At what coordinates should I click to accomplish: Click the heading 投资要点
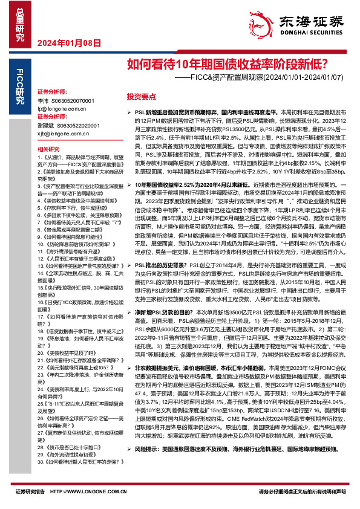tap(140, 96)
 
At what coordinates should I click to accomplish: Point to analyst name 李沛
tap(42, 100)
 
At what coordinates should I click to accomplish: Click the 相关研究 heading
tap(48, 149)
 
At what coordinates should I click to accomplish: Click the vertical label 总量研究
tap(19, 21)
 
